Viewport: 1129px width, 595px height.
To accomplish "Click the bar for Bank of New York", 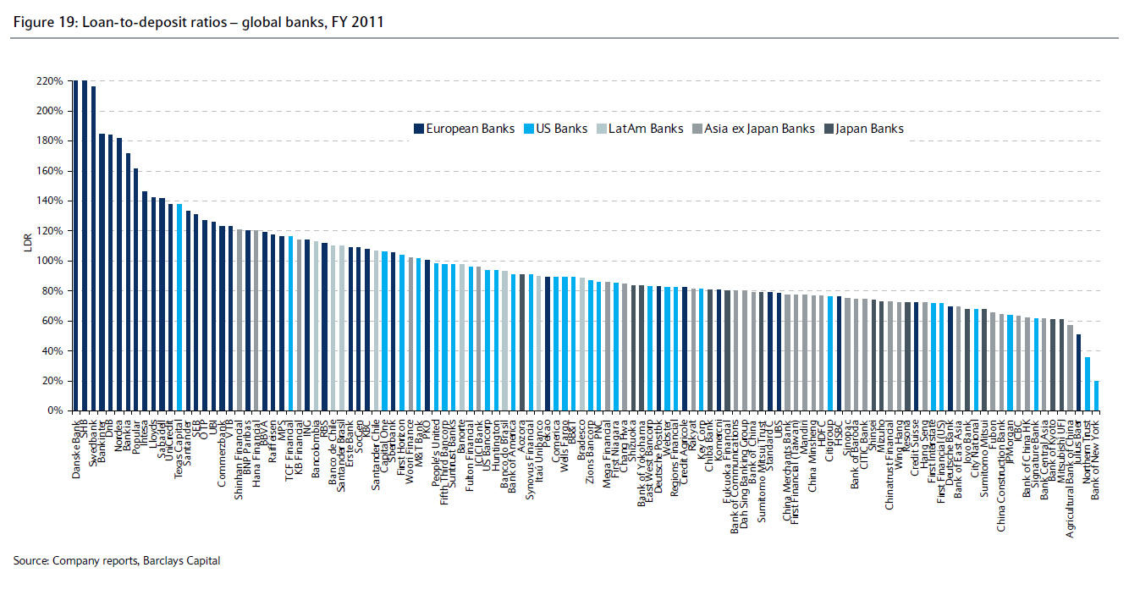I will pos(1097,396).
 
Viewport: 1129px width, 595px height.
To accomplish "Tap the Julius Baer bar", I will pos(1078,372).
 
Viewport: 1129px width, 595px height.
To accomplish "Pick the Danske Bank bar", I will pos(75,245).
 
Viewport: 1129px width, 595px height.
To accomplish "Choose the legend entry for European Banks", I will pos(465,129).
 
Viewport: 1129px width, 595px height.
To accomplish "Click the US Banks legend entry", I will pos(559,129).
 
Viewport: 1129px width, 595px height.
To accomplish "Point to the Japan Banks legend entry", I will pos(868,129).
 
